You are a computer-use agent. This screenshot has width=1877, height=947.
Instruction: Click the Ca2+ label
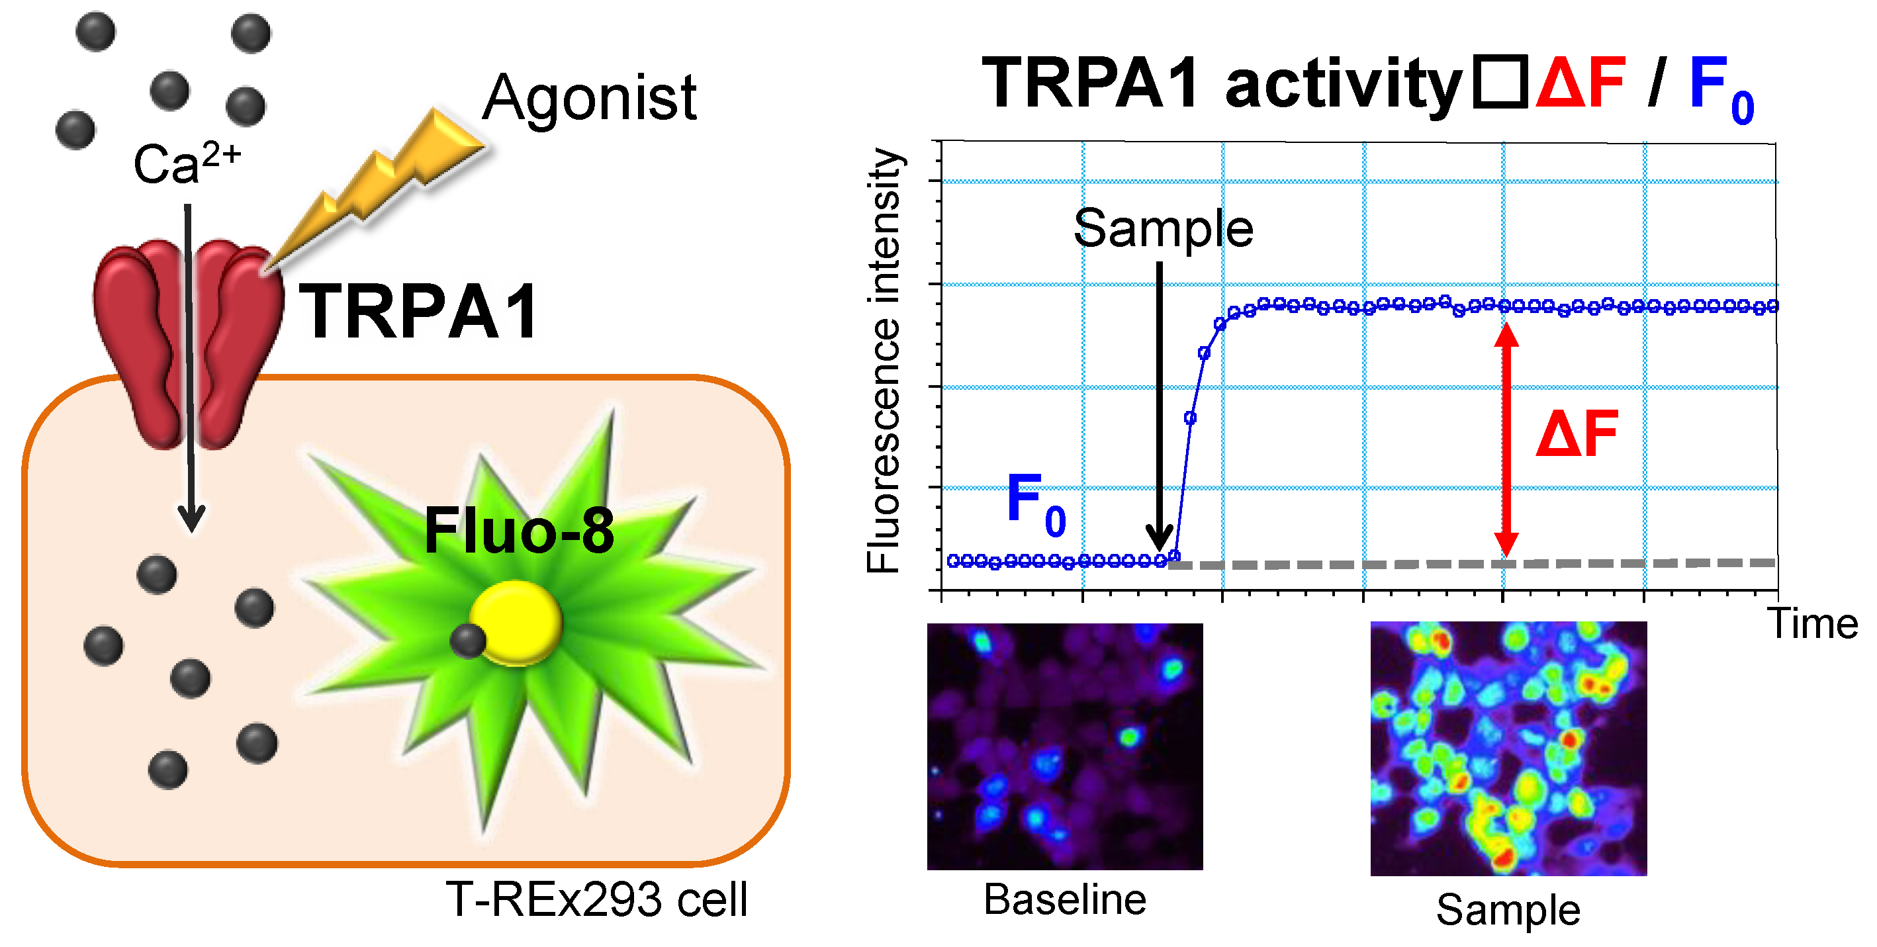tap(186, 161)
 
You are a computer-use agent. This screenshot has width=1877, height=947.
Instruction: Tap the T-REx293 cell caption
tap(596, 899)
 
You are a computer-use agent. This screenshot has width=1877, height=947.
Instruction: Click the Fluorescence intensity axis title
tap(884, 361)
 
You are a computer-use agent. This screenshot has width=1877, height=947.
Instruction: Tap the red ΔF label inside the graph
tap(1577, 434)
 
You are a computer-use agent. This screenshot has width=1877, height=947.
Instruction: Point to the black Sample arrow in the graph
tap(1158, 408)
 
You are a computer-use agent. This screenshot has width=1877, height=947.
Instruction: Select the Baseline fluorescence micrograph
tap(1064, 746)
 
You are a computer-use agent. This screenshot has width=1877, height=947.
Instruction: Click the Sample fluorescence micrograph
tap(1508, 748)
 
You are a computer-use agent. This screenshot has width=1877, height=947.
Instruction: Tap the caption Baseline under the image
tap(1064, 899)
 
